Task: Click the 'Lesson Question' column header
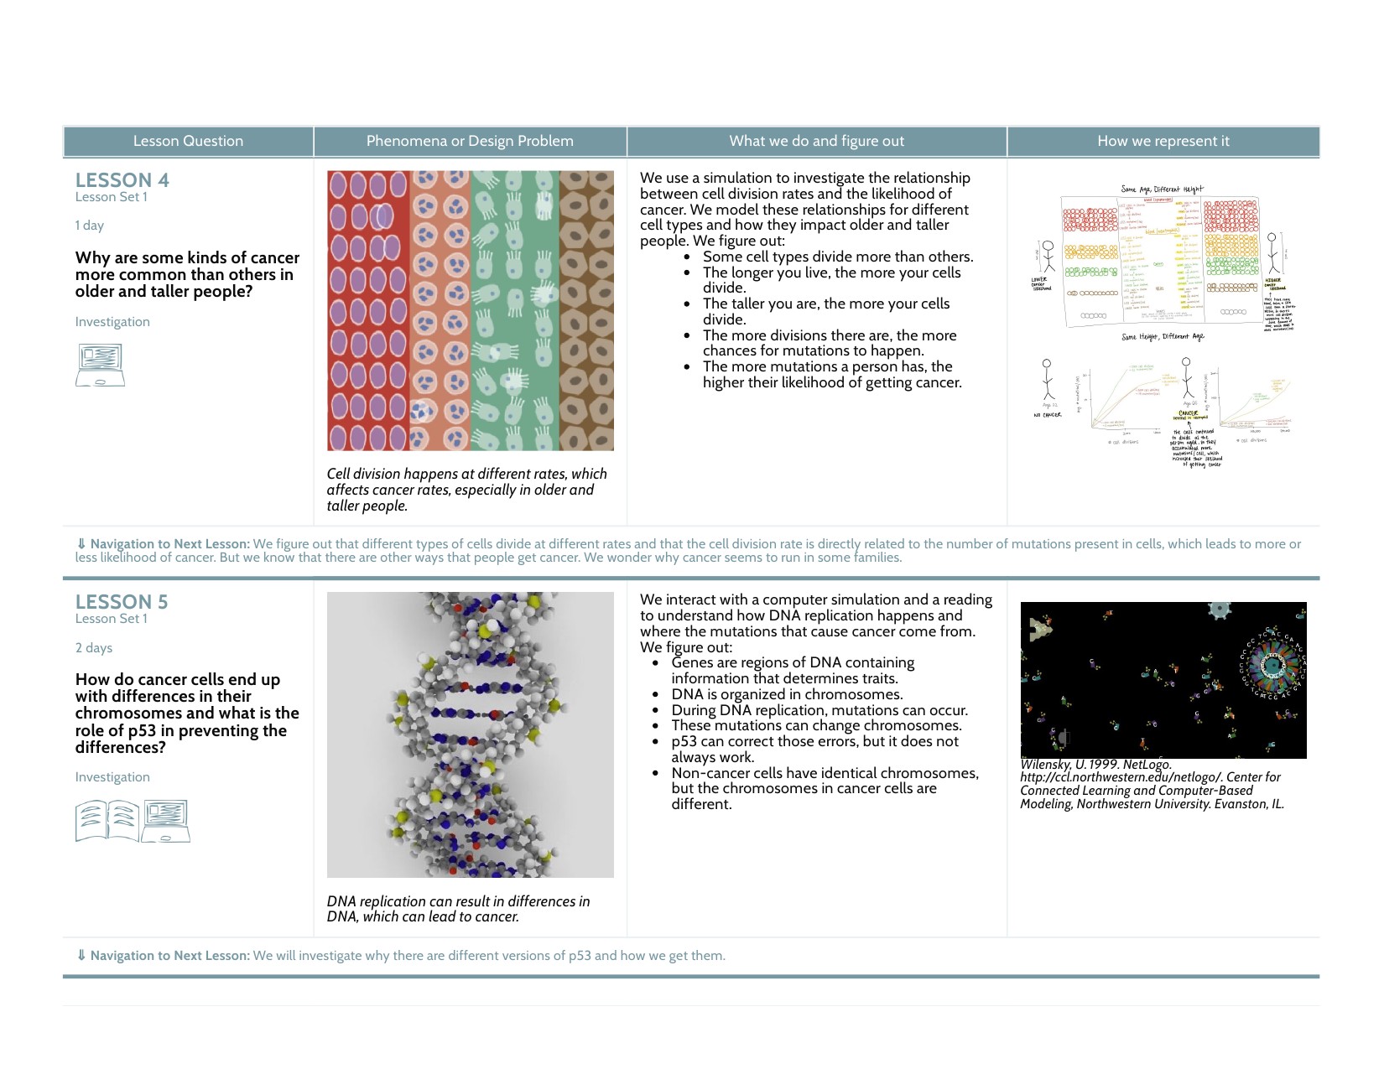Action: tap(188, 141)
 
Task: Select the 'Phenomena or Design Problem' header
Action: tap(470, 141)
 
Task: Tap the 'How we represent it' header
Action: tap(1163, 141)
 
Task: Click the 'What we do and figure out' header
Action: tap(816, 141)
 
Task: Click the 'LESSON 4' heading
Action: tap(122, 180)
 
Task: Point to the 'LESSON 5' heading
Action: tap(122, 602)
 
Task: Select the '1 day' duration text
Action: tap(89, 226)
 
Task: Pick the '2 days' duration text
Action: tap(93, 648)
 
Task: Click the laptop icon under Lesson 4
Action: tap(100, 365)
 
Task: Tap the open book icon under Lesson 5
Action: tap(107, 821)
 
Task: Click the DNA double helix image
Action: tap(470, 734)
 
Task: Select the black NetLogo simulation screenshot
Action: tap(1163, 680)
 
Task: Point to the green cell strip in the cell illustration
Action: tap(515, 311)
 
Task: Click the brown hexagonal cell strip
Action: tap(586, 311)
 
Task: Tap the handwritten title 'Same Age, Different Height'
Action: tap(1162, 189)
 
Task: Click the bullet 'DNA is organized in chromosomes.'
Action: tap(787, 694)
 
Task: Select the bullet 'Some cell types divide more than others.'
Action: tap(837, 257)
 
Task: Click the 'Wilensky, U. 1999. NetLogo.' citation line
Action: tap(1095, 765)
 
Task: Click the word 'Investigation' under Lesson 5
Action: tap(112, 777)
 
